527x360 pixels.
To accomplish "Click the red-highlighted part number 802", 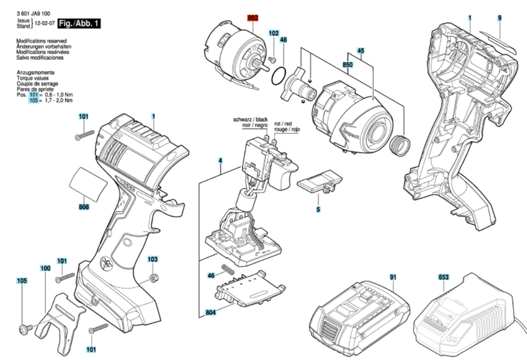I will click(253, 18).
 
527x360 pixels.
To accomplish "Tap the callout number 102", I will click(274, 33).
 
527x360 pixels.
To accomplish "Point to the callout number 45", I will click(360, 50).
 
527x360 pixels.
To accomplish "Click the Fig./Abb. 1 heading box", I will click(79, 24).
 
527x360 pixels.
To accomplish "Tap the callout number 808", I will click(84, 207).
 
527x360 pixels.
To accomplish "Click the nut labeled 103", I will click(153, 278).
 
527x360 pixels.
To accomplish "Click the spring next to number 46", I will click(227, 268).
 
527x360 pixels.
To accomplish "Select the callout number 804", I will click(210, 313).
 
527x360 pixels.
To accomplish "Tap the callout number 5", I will click(318, 209).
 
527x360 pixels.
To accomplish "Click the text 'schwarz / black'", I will click(251, 119).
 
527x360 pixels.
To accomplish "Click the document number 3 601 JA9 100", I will click(33, 13).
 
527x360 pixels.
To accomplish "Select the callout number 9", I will click(499, 18).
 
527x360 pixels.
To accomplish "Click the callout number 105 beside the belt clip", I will click(22, 281).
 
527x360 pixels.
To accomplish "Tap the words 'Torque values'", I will click(33, 78).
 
